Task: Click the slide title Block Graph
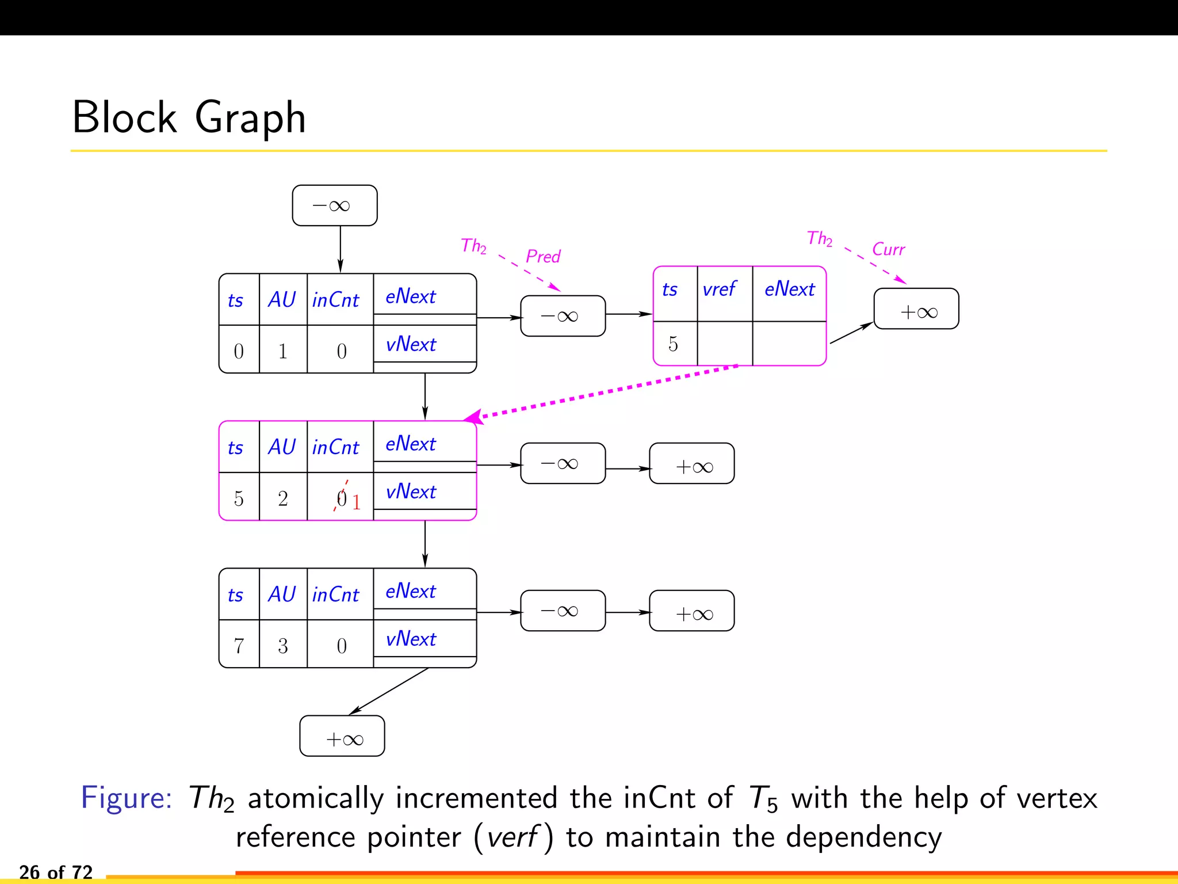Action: [x=189, y=118]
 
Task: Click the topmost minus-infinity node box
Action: [x=334, y=205]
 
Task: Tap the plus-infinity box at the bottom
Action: [x=342, y=736]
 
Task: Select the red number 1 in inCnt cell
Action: [x=357, y=502]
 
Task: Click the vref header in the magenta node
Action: [x=719, y=289]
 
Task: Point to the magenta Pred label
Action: [x=543, y=256]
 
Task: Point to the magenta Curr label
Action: [x=888, y=249]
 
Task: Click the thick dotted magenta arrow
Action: [x=604, y=392]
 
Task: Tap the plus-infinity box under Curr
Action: [x=916, y=309]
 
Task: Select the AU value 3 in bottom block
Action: [x=282, y=646]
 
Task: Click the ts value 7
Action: [x=239, y=646]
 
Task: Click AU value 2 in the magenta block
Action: [x=282, y=498]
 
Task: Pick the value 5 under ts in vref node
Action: [x=673, y=344]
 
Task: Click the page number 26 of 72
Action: [x=56, y=872]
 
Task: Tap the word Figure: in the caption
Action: [x=127, y=798]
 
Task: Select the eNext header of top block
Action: [x=410, y=296]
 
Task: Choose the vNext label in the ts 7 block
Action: [x=411, y=639]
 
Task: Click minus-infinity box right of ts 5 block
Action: [x=563, y=463]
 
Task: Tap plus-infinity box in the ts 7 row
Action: [x=692, y=611]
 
